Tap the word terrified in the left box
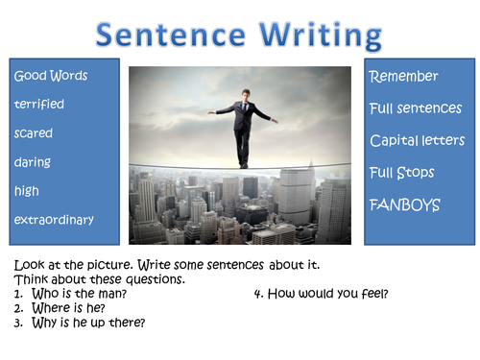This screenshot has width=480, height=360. pos(37,105)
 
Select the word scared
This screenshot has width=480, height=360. pos(34,133)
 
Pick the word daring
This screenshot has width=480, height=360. pos(33,162)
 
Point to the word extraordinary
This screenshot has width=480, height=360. pos(54,220)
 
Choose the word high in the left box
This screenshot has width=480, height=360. pos(27,191)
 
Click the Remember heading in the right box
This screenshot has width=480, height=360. pos(403,77)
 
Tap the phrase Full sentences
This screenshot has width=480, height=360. pos(416,108)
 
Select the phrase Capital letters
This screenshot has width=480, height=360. pos(418,141)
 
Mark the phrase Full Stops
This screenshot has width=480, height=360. pos(402,173)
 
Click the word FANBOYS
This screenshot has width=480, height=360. pos(404,204)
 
